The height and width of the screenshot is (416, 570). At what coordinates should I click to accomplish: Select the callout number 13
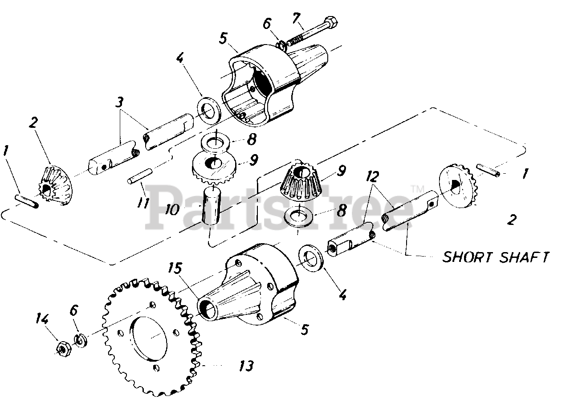245,366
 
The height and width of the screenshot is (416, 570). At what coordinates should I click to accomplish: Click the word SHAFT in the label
525,257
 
